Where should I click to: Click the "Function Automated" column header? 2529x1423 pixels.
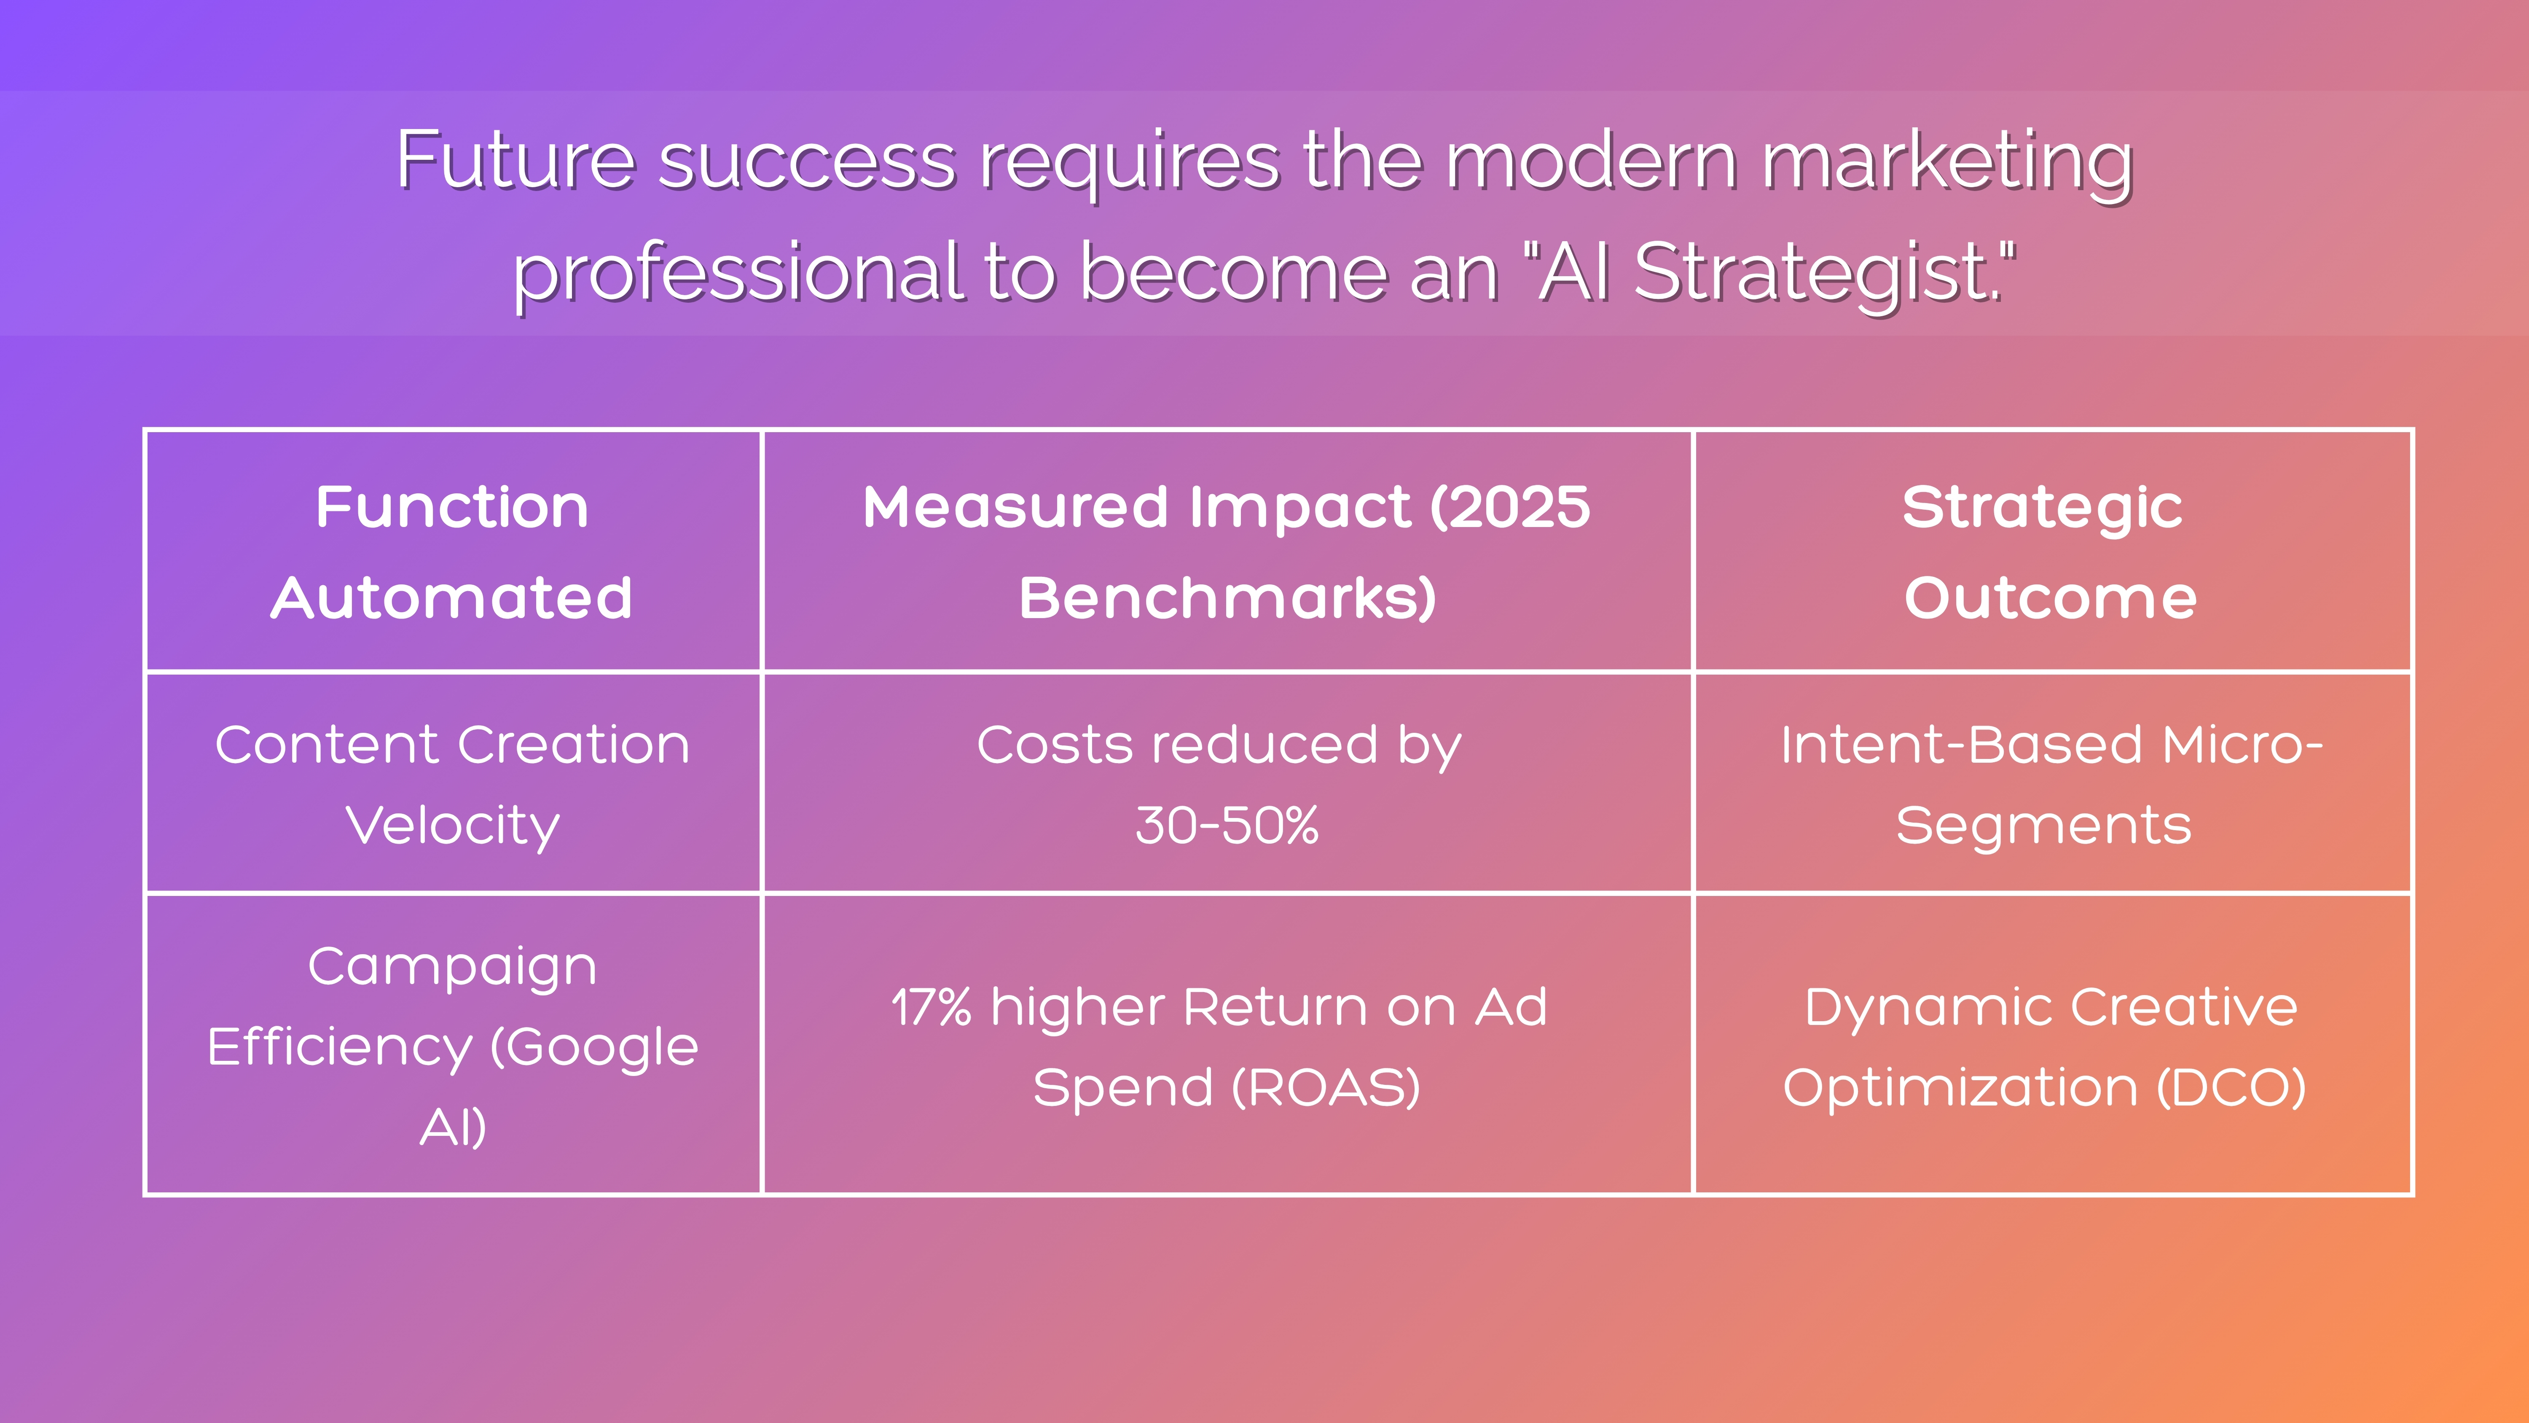pos(453,552)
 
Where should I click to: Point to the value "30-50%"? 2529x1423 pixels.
pos(1227,825)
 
